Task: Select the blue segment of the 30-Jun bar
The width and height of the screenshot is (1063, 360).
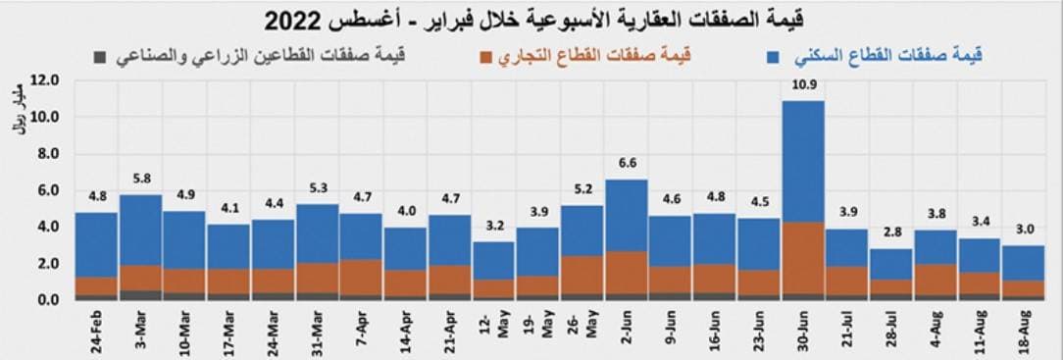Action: [803, 162]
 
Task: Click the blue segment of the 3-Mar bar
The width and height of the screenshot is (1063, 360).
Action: [140, 231]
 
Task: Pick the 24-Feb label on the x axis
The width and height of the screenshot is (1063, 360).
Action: [96, 330]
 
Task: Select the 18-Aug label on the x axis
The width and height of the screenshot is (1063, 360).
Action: [1024, 330]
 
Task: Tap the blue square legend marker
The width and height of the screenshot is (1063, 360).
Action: [774, 58]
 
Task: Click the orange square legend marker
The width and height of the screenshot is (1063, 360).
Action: [486, 58]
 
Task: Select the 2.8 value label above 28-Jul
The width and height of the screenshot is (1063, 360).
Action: [891, 232]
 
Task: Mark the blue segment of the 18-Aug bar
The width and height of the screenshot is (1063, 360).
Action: [1024, 263]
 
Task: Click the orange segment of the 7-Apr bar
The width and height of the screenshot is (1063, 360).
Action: [361, 275]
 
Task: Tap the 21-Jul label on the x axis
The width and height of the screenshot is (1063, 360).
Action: [847, 330]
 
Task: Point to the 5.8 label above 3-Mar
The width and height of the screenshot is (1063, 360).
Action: [140, 179]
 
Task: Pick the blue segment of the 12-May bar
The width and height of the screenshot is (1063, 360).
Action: [493, 260]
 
